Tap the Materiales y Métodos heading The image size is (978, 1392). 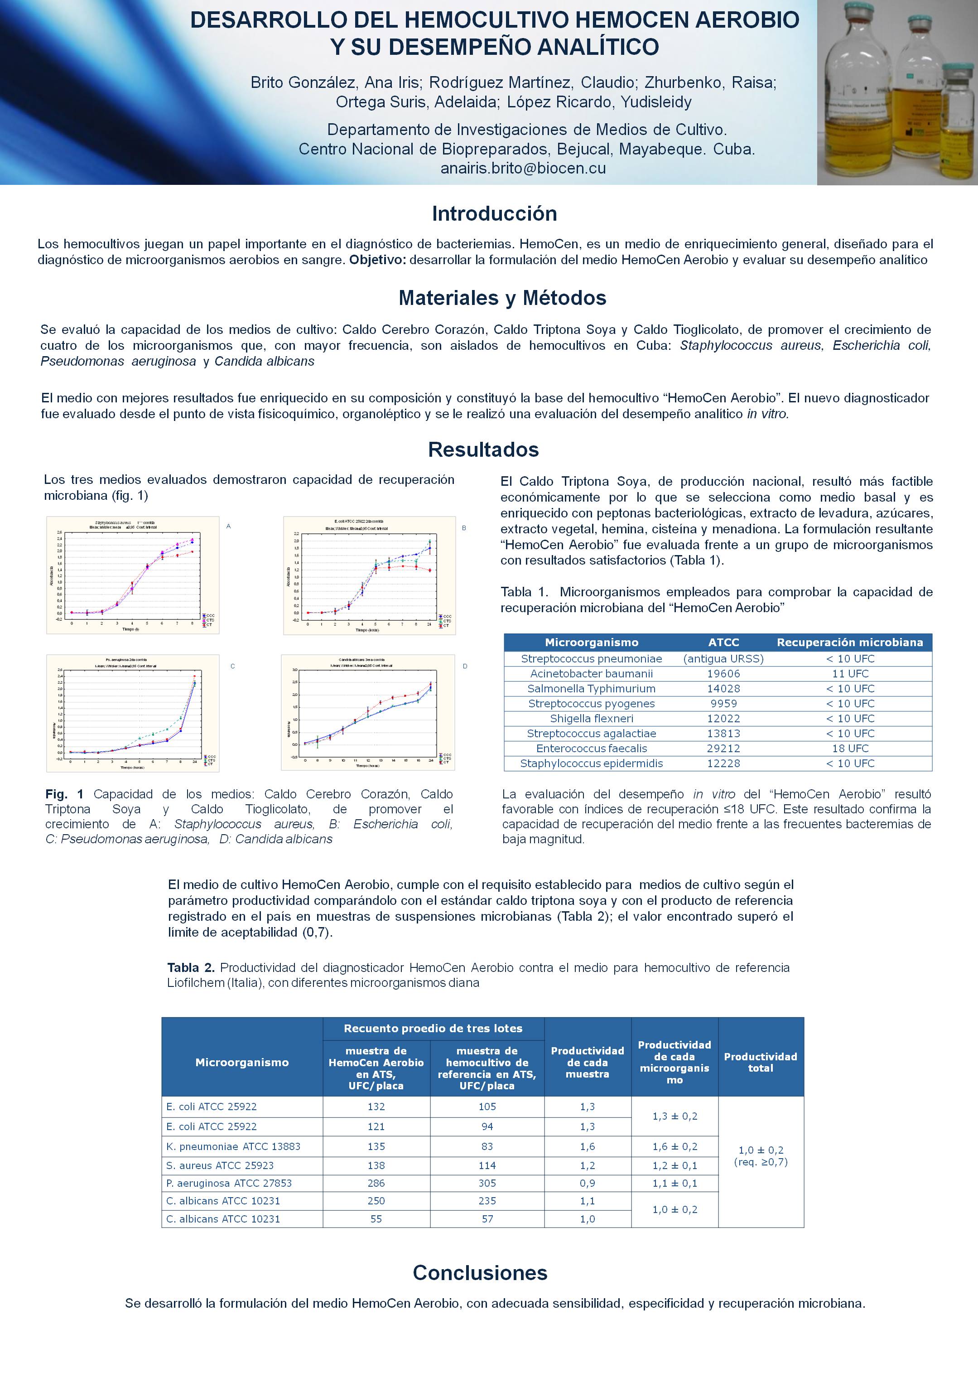pos(502,298)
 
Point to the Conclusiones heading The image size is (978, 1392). pos(480,1272)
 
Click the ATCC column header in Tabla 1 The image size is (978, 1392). pos(723,642)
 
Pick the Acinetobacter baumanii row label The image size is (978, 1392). pos(592,673)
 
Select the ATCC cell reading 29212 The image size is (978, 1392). pos(723,748)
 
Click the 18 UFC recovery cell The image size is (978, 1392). pos(850,748)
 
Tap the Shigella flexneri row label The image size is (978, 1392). pos(592,719)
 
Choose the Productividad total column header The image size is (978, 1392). pos(761,1062)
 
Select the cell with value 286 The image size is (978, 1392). pos(376,1183)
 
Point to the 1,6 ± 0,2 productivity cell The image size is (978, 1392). pos(674,1146)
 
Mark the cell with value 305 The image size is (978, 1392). pos(487,1183)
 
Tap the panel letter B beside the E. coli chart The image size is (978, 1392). pos(464,528)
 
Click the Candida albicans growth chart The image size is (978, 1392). pos(368,712)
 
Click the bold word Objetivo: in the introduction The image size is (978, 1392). pos(377,260)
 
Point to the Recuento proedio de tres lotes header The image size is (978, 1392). pos(433,1028)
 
